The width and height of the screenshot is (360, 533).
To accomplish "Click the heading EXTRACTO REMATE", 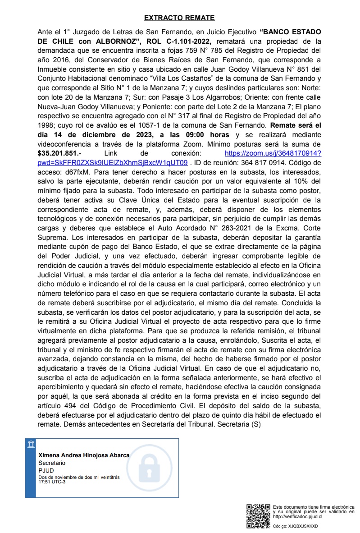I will pos(179,18).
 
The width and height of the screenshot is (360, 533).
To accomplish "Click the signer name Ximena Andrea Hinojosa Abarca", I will pos(84,455).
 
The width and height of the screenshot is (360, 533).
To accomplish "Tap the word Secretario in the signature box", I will pos(52,463).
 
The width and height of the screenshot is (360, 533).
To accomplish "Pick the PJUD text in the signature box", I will pos(46,470).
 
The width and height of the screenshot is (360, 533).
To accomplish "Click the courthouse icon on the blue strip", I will pos(31,445).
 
